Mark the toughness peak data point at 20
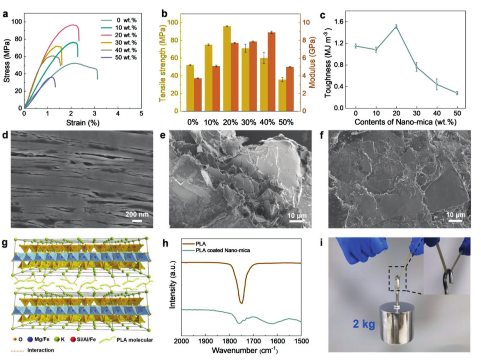pyautogui.click(x=396, y=27)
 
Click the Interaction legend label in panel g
pyautogui.click(x=41, y=350)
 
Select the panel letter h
pyautogui.click(x=166, y=243)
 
